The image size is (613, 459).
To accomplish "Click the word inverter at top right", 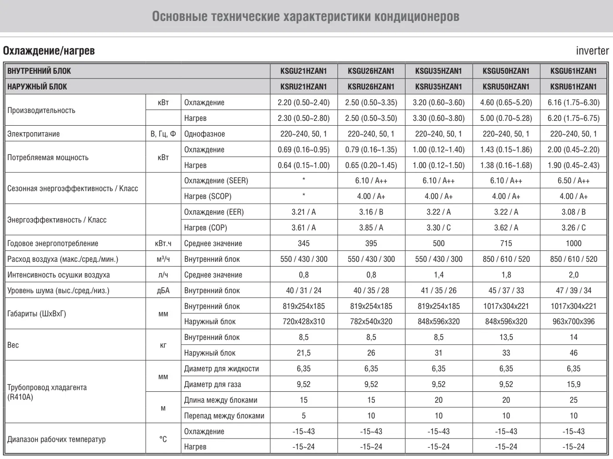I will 592,51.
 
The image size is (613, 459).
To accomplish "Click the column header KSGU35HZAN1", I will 438,71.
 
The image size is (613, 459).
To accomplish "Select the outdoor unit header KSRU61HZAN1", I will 573,86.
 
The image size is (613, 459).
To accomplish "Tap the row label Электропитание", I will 34,134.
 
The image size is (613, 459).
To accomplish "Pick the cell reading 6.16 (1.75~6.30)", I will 573,103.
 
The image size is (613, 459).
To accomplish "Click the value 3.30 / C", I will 439,228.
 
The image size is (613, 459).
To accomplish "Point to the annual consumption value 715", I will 506,243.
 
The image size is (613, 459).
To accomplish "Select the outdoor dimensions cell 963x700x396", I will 573,322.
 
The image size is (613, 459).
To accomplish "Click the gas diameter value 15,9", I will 573,384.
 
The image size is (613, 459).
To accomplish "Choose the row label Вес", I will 13,345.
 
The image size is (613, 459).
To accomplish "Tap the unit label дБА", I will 163,291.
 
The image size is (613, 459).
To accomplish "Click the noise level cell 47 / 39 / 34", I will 573,291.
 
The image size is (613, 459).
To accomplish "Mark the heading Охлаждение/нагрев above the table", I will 49,51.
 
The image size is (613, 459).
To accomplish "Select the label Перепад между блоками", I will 224,416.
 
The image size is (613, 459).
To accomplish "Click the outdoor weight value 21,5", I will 303,353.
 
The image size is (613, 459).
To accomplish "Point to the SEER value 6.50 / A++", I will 573,181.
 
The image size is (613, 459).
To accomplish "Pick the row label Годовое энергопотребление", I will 53,243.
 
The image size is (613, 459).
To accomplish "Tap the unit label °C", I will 163,439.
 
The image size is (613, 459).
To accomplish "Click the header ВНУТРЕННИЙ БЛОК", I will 39,71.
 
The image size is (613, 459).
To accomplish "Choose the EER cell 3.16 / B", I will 371,212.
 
